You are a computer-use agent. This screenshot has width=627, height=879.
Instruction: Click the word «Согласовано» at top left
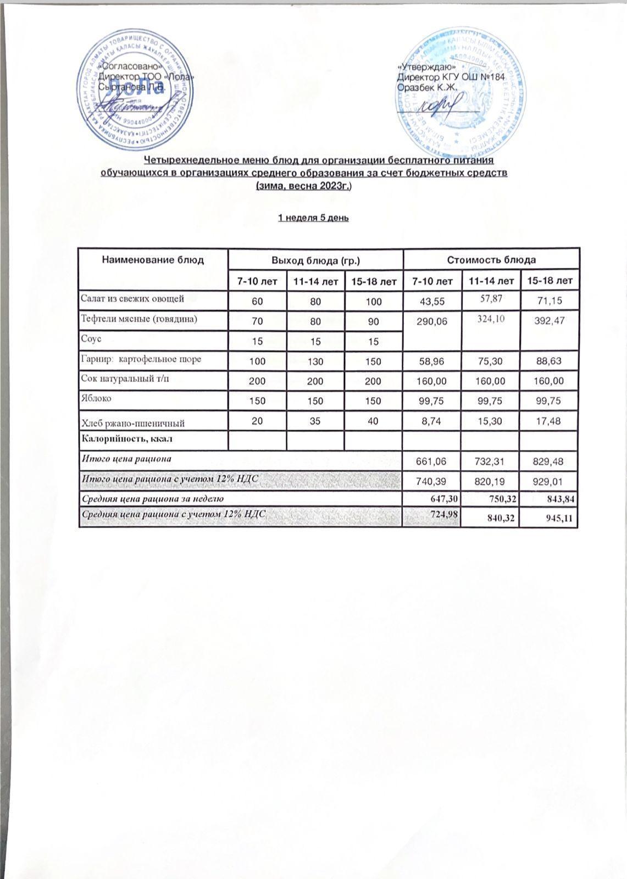tap(127, 66)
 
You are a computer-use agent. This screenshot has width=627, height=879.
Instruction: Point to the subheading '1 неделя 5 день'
tap(313, 218)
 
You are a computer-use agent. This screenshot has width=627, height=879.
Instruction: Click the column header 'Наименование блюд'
tap(153, 259)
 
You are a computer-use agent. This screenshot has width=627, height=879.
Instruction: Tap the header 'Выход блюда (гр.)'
tap(315, 259)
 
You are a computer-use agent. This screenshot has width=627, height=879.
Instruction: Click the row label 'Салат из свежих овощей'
tap(132, 299)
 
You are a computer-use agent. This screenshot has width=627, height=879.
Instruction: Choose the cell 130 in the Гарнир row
tap(315, 361)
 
